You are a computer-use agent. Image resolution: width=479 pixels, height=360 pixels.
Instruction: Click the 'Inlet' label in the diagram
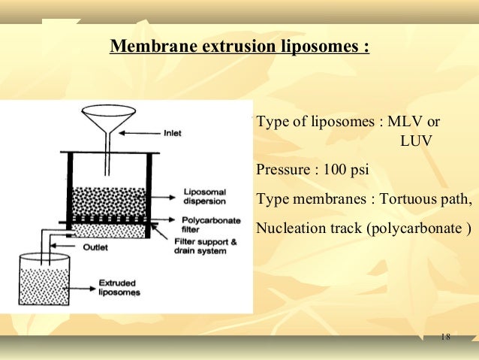(x=173, y=133)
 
